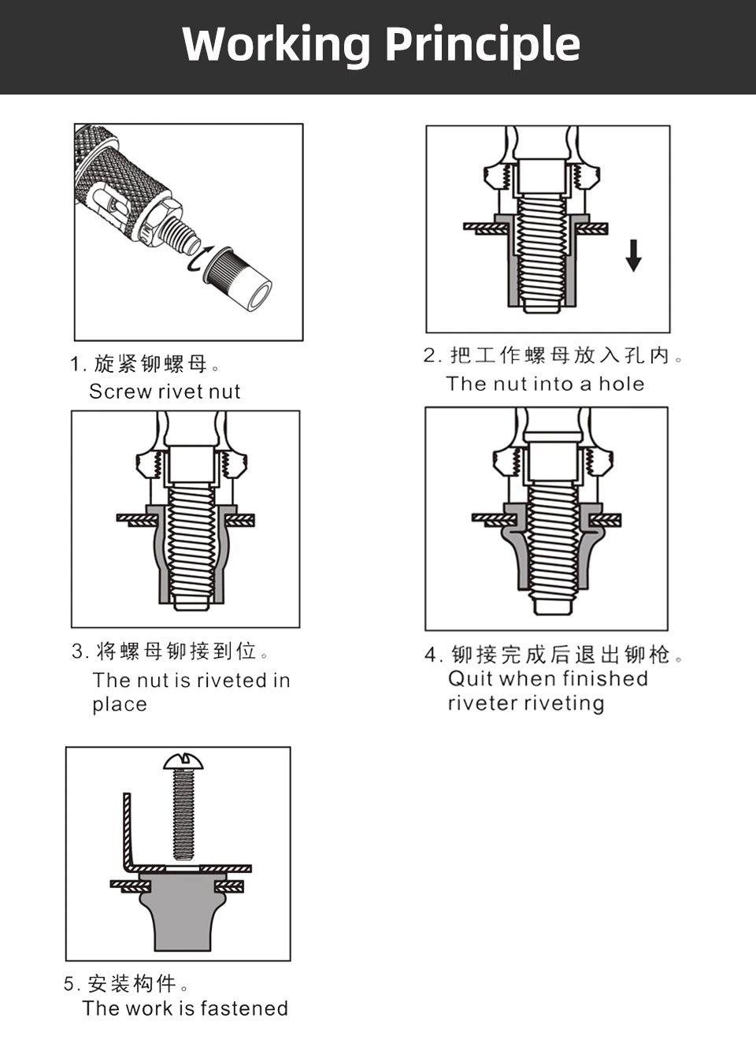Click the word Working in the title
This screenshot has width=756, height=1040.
pos(276,44)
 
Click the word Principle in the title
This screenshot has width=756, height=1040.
pos(482,46)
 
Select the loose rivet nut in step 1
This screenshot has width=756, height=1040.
pos(239,278)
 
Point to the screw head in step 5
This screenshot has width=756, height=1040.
pos(183,761)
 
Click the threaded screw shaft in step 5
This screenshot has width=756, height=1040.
pos(183,815)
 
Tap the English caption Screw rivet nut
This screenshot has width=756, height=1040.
pos(165,392)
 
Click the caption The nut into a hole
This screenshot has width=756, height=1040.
pos(545,384)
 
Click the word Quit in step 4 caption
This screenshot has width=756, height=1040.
pos(470,678)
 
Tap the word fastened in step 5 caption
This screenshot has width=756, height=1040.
pos(244,1008)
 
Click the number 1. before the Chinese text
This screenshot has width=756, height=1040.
pos(77,364)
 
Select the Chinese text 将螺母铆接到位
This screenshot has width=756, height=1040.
pos(176,652)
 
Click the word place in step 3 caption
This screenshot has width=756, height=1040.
pos(120,704)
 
